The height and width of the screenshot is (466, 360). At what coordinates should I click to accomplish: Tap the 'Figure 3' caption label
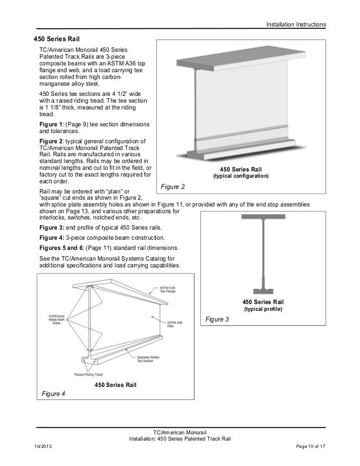coord(217,319)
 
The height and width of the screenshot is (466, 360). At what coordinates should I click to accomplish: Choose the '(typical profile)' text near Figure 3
coord(263,310)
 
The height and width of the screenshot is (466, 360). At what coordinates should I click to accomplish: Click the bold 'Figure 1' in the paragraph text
coord(51,124)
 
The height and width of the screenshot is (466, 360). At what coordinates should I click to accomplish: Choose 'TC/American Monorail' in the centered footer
coord(179,432)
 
